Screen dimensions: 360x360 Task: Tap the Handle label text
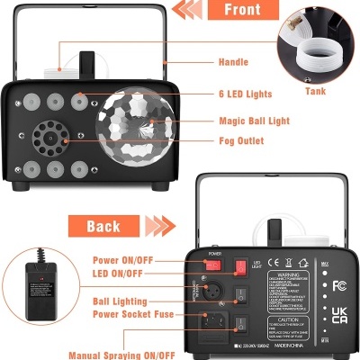pyautogui.click(x=233, y=62)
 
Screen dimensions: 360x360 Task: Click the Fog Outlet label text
pyautogui.click(x=239, y=139)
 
